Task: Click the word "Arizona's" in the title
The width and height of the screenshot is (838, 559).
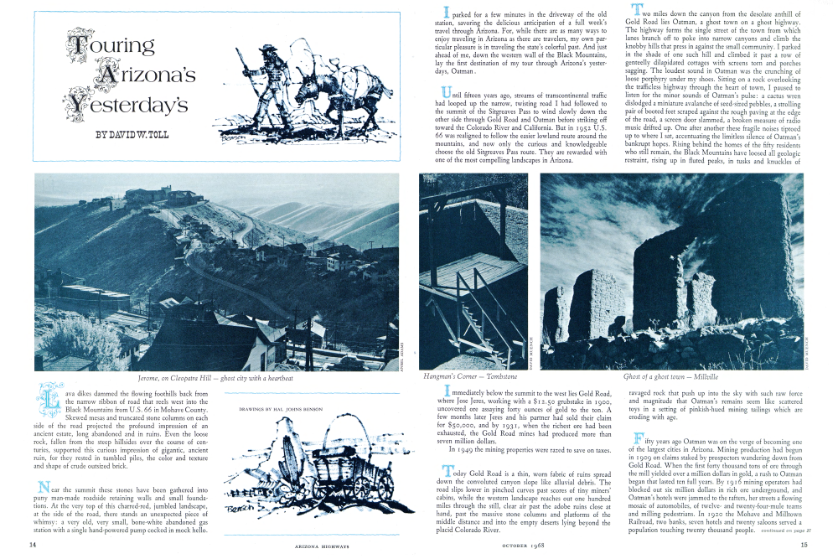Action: point(148,75)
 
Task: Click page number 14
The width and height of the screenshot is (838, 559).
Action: point(32,545)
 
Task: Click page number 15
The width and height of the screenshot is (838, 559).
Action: point(804,545)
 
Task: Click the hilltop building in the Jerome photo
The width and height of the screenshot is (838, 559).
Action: point(151,198)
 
